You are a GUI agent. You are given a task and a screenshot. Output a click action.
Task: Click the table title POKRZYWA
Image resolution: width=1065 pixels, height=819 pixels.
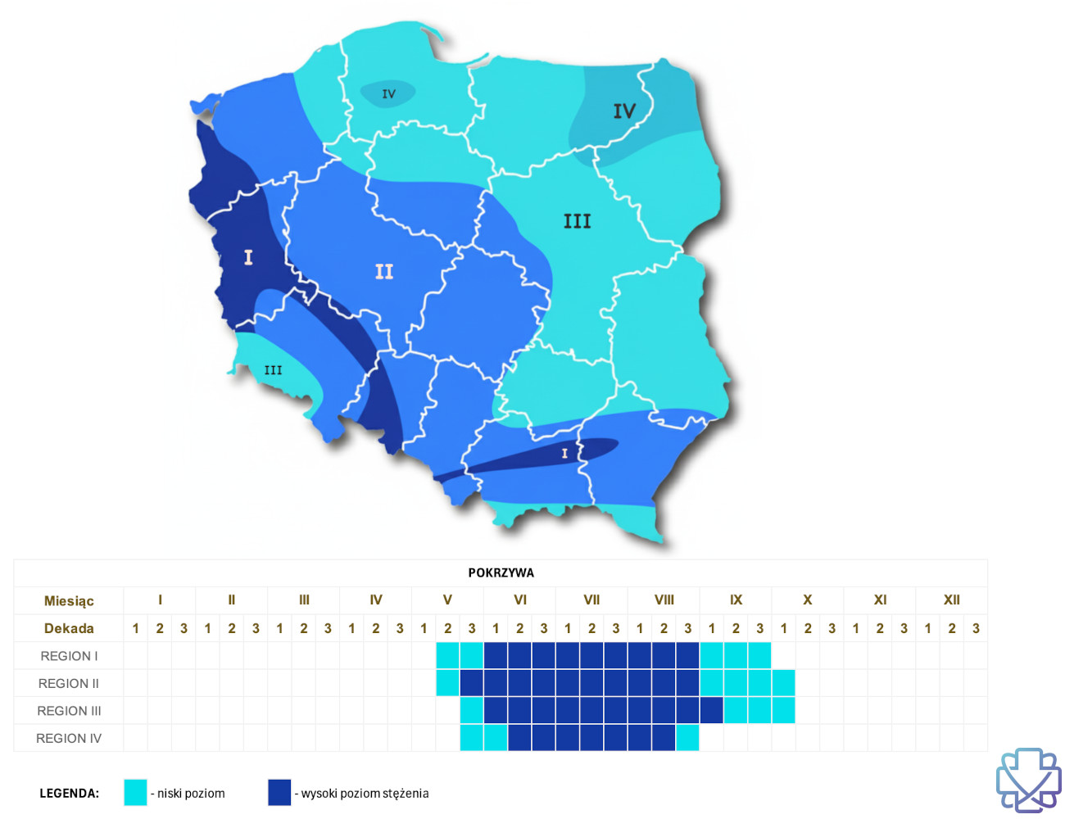pos(501,572)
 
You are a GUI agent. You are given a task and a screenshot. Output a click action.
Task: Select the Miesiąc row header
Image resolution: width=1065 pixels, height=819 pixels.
pos(69,600)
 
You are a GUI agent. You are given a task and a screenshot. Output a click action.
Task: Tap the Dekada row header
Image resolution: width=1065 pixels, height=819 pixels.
pos(69,628)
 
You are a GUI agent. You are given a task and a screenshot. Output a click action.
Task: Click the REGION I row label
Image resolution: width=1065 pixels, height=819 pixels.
pos(69,656)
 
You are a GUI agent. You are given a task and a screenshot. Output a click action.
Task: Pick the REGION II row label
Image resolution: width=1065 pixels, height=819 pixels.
pos(69,683)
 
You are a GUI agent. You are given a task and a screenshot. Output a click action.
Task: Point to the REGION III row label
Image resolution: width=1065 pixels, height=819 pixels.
pos(69,711)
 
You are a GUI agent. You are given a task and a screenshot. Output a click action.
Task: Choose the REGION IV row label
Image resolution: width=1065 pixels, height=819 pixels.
pos(69,738)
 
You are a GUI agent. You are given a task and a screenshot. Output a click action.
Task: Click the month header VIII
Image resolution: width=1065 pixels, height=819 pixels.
pos(664,600)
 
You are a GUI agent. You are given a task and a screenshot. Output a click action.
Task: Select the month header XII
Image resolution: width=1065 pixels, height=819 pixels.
pos(951,600)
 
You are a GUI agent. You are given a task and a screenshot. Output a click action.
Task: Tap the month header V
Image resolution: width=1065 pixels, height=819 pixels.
pos(447,600)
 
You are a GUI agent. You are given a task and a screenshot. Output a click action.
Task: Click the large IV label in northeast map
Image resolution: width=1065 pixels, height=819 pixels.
pos(624,111)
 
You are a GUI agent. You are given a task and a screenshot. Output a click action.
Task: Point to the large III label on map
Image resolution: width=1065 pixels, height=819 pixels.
pos(577,221)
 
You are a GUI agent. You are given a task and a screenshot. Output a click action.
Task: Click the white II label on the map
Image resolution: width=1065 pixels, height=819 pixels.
pos(383,271)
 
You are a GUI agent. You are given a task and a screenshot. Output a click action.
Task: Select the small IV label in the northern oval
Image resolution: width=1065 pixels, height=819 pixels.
pos(388,94)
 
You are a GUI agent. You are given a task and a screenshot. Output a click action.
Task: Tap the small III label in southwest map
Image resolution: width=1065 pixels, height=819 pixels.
pos(273,370)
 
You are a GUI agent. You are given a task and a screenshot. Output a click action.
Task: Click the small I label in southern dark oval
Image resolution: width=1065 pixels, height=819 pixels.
pos(564,453)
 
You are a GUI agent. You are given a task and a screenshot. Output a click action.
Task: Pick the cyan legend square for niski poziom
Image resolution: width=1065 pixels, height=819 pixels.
pos(135,792)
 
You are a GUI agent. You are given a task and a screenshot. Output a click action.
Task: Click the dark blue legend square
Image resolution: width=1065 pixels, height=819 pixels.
pos(279,792)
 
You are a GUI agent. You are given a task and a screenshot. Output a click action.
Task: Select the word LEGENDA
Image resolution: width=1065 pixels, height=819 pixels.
pos(69,793)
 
